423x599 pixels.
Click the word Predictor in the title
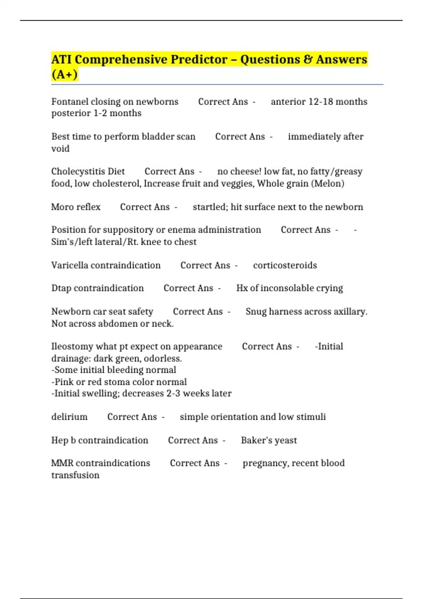point(199,60)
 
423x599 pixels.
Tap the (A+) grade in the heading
point(65,75)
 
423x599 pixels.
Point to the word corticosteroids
point(285,265)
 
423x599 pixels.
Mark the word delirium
point(69,417)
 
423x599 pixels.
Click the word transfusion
point(75,475)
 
